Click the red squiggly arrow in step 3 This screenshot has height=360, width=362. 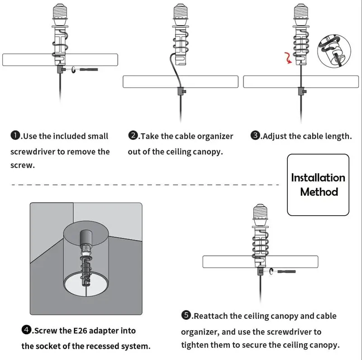pyautogui.click(x=288, y=58)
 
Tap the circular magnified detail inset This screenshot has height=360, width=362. pyautogui.click(x=334, y=51)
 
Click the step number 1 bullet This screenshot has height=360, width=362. pyautogui.click(x=15, y=135)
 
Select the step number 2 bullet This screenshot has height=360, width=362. pyautogui.click(x=133, y=135)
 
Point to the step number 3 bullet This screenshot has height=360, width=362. pyautogui.click(x=255, y=135)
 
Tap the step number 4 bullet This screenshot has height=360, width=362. pyautogui.click(x=26, y=330)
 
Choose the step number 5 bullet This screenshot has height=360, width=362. pyautogui.click(x=186, y=315)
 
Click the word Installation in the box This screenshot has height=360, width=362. pyautogui.click(x=318, y=178)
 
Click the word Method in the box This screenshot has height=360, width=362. pyautogui.click(x=319, y=192)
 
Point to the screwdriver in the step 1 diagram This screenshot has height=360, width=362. pyautogui.click(x=89, y=70)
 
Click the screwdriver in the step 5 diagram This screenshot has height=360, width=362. pyautogui.click(x=286, y=272)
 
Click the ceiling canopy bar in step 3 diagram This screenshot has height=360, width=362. pyautogui.click(x=301, y=81)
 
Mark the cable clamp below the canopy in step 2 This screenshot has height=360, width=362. pyautogui.click(x=181, y=91)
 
